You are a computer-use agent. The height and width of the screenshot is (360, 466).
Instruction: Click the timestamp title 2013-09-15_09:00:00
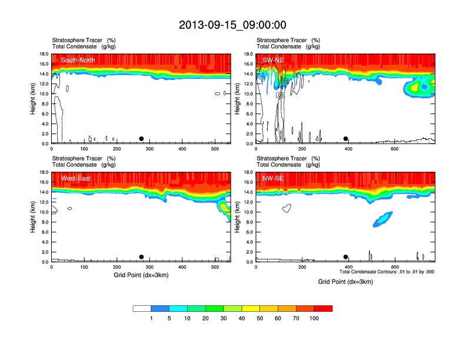click(x=233, y=25)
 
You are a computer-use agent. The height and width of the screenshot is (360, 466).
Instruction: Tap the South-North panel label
click(x=78, y=60)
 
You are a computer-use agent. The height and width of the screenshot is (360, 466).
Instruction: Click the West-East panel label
click(x=75, y=178)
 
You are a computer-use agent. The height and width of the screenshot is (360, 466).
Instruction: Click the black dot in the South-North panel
click(x=141, y=139)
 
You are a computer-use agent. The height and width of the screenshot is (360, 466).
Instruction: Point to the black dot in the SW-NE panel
click(x=346, y=139)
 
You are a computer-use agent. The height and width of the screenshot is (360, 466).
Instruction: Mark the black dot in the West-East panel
click(x=141, y=257)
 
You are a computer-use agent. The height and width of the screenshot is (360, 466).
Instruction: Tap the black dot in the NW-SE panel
click(x=346, y=257)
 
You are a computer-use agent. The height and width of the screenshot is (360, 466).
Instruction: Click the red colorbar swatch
click(x=323, y=308)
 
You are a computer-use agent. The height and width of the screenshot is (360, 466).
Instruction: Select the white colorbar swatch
click(x=142, y=308)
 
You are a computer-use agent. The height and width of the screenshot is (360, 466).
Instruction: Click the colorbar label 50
click(x=260, y=318)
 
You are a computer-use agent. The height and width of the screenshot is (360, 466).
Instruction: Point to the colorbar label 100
click(x=314, y=318)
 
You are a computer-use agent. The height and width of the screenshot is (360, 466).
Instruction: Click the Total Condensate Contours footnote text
click(x=387, y=272)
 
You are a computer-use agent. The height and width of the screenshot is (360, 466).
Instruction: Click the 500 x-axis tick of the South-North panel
click(x=214, y=149)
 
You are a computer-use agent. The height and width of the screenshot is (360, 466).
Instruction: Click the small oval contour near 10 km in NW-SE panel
click(x=287, y=208)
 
